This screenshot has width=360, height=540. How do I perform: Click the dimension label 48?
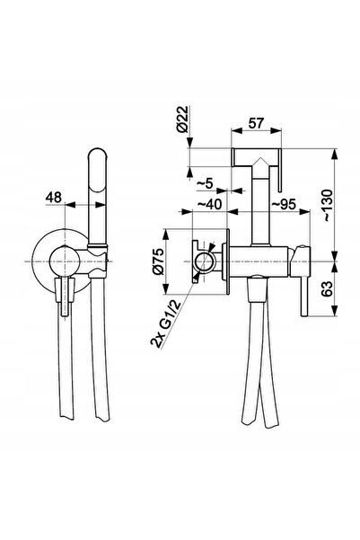tap(54, 198)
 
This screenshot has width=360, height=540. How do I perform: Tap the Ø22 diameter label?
tap(183, 120)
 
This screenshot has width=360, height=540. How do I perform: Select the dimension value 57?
tap(256, 123)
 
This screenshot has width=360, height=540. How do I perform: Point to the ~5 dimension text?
tap(205, 184)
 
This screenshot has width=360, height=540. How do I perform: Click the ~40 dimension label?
tap(209, 204)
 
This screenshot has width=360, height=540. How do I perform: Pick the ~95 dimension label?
tap(284, 204)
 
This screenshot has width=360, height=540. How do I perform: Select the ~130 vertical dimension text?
tap(327, 206)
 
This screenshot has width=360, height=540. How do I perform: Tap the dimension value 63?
tap(327, 288)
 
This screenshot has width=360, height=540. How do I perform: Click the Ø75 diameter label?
tap(159, 261)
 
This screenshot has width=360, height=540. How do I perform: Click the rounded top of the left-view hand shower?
tap(97, 154)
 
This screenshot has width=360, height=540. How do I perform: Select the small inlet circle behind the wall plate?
tap(205, 261)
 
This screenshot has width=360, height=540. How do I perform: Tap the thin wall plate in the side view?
tap(227, 261)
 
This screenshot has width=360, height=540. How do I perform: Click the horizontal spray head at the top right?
tap(257, 157)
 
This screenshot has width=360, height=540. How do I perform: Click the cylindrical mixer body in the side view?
tap(259, 261)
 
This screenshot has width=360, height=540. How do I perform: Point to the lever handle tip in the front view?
tap(65, 311)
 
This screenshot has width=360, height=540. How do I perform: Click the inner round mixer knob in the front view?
tap(65, 261)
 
